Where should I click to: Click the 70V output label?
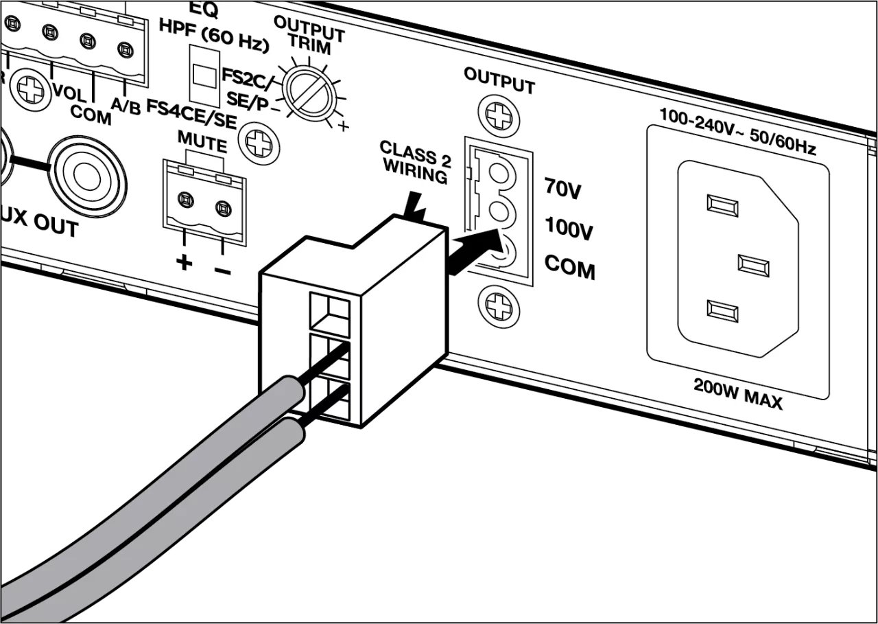tap(562, 189)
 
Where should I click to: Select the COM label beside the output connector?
tap(569, 268)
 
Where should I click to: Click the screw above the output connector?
tap(497, 114)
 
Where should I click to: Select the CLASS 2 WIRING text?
tap(416, 161)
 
